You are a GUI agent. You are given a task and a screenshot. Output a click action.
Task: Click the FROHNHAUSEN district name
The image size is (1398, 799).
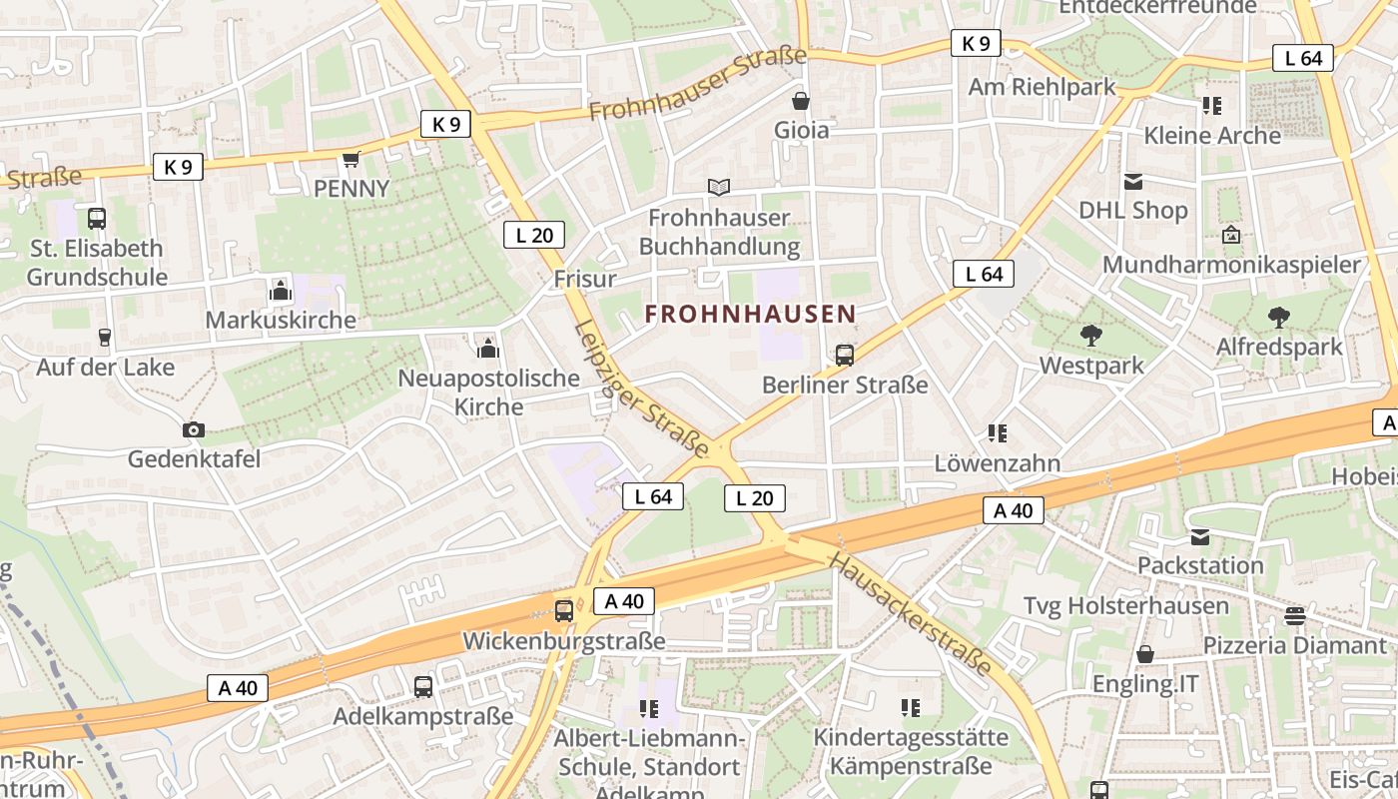coord(750,314)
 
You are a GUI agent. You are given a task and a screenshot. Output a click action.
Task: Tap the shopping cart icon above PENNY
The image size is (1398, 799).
coord(350,160)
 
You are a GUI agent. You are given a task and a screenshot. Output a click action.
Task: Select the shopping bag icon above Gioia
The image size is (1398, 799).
coord(801,101)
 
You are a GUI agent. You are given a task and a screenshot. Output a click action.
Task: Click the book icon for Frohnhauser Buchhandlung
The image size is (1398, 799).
coord(718,187)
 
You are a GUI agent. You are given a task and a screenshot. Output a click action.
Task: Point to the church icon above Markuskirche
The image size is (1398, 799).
coord(281,291)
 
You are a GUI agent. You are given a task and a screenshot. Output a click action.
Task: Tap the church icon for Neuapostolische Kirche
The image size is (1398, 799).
coord(488,348)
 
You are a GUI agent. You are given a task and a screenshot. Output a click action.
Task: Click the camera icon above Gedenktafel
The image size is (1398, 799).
coord(194,429)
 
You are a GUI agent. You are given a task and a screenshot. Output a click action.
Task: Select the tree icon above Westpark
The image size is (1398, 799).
coord(1091,336)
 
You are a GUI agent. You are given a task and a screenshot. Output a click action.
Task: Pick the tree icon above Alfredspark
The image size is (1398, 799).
coord(1278,318)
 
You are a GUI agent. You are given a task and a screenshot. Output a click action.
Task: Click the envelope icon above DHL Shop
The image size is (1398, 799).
coord(1133,182)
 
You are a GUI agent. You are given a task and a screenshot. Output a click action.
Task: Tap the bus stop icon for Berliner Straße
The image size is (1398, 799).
coord(845,355)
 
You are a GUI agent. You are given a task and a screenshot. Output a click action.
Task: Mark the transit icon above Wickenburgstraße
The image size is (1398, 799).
coord(564,610)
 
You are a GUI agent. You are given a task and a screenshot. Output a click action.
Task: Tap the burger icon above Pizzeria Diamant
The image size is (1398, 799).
coord(1295,616)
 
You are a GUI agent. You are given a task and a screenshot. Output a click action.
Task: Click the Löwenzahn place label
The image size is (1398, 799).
coord(997,463)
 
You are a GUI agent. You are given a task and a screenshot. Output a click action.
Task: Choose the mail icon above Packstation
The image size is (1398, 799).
coord(1200,537)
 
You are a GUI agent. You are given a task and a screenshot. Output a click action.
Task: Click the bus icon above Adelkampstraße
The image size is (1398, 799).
coord(423,687)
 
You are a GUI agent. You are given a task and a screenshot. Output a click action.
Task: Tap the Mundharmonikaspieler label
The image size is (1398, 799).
coord(1231,265)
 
